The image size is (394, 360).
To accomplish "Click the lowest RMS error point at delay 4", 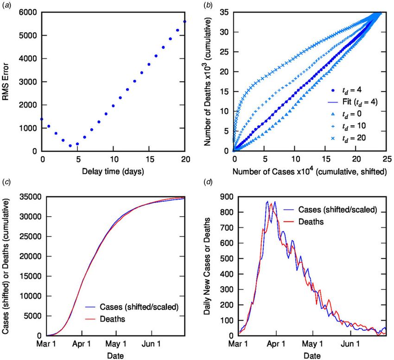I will click(x=70, y=146).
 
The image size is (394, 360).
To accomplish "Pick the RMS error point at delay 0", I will click(x=42, y=120).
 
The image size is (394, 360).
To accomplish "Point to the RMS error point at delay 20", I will click(x=185, y=22).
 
